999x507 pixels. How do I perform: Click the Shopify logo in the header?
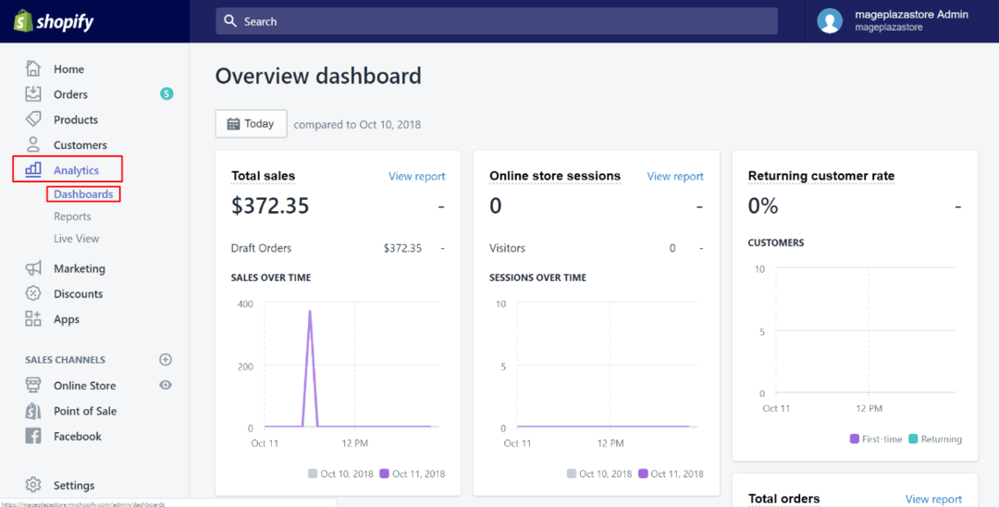coord(54,21)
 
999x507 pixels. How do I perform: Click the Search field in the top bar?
coord(497,21)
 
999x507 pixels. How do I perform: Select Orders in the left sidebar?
coord(70,94)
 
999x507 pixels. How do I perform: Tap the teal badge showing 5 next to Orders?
coord(166,93)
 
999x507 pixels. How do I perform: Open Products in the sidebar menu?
coord(75,119)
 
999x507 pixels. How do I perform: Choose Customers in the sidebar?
coord(80,145)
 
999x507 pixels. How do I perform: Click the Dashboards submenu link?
coord(83,194)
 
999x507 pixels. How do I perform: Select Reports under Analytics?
coord(72,216)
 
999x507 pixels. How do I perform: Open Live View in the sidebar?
coord(76,239)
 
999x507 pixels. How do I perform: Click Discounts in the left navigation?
coord(78,294)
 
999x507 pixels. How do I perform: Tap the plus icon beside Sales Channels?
coord(166,360)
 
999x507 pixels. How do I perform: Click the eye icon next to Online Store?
coord(166,385)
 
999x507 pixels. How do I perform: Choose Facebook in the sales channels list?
coord(77,437)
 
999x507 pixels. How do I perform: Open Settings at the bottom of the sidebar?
coord(73,486)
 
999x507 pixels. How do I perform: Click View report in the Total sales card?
coord(416,176)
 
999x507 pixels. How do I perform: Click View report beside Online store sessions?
coord(675,176)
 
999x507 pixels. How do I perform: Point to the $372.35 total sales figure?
coord(270,206)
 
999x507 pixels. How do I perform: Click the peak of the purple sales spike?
coord(310,312)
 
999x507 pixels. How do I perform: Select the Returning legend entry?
coord(941,439)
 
